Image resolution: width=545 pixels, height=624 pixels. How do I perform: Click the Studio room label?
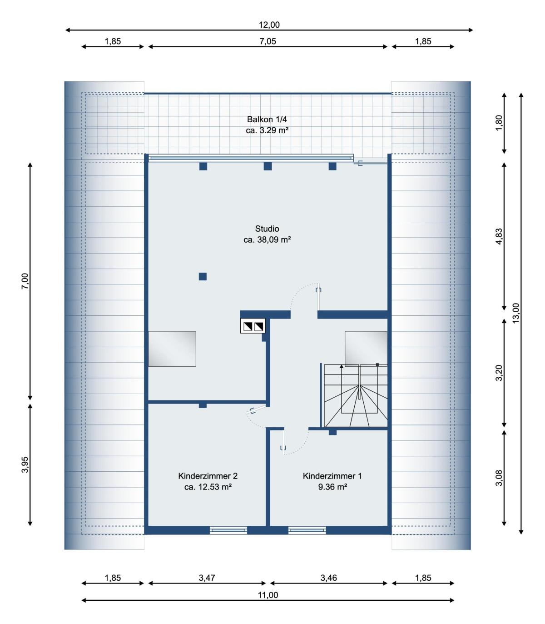coord(267,229)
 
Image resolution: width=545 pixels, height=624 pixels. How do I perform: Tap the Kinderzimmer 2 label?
coord(208,476)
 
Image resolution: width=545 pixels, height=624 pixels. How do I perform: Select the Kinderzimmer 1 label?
coord(332,476)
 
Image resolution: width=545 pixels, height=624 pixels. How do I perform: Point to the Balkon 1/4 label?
coord(267,119)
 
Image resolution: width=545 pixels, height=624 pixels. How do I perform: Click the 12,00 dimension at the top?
coord(269,25)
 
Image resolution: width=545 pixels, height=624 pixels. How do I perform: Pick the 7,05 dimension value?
coord(268,41)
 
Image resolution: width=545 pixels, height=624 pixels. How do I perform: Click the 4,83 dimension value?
coord(499,236)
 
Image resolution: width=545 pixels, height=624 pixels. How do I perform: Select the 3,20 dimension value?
coord(499,373)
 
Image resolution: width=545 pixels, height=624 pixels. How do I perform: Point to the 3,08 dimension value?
coord(499,478)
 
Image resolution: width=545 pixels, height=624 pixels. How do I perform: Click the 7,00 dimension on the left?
coord(25,281)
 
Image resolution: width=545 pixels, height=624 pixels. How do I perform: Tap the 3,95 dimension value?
coord(25,464)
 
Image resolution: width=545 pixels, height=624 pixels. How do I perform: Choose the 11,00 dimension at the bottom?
coord(268,595)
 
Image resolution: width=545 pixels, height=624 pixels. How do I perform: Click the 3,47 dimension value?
coord(207,578)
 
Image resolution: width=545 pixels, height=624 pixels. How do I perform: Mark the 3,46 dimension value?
coord(328,578)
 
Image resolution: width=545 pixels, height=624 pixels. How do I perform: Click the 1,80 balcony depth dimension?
coord(499,123)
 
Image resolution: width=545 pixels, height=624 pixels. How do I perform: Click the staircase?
coord(356,395)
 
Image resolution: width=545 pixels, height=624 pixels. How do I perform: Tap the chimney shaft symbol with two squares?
coord(253,326)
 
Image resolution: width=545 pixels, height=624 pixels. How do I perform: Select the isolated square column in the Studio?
coord(203,276)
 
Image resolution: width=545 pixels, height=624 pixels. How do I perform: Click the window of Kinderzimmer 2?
coord(228,530)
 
